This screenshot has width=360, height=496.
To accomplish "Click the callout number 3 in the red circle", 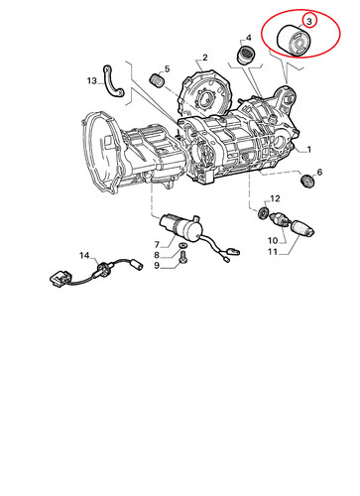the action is point(309,22).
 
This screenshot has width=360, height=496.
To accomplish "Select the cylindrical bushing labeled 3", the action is point(293,42).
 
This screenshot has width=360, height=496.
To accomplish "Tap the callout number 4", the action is point(248,38).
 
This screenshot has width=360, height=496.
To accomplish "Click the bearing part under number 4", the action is point(247,56).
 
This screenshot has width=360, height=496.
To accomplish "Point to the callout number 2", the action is point(205,58).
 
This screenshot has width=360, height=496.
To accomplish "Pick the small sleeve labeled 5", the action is point(157,80).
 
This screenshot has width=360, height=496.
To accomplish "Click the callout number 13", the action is point(92,80).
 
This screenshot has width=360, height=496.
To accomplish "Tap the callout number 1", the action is point(309,150).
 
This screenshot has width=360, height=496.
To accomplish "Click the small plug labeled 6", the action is point(308,182).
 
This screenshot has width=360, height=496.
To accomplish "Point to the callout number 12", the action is point(275,198).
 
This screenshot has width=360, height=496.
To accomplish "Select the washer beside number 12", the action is point(263,212).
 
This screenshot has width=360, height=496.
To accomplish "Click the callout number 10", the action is point(273,240).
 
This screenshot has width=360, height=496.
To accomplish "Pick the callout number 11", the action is point(273,252).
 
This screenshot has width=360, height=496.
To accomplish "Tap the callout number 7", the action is point(157,245).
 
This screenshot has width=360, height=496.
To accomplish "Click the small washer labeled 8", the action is point(182,246).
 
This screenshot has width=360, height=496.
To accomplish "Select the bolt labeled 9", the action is point(182,257).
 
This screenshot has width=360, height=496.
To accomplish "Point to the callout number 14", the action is point(84,255).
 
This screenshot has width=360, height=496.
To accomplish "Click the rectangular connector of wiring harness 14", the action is point(60,279).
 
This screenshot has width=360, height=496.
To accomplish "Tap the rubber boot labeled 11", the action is point(301,228).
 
